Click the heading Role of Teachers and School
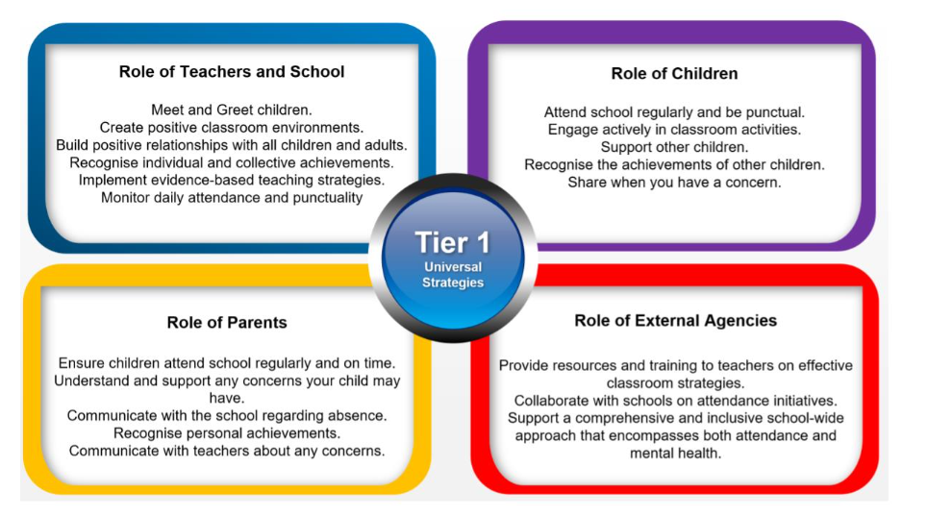point(232,71)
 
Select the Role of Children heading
point(674,73)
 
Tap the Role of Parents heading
point(227,322)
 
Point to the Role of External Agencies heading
point(676,320)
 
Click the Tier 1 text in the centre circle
point(453,242)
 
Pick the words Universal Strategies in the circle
point(453,274)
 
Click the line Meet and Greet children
point(232,110)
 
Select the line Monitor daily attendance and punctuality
point(232,197)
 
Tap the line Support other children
point(674,147)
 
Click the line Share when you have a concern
point(674,182)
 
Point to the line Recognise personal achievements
point(227,433)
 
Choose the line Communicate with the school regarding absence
point(227,415)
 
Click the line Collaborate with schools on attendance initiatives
point(676,401)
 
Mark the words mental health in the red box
point(676,454)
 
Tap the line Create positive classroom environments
point(232,128)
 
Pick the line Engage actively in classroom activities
point(674,130)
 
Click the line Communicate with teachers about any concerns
point(227,451)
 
